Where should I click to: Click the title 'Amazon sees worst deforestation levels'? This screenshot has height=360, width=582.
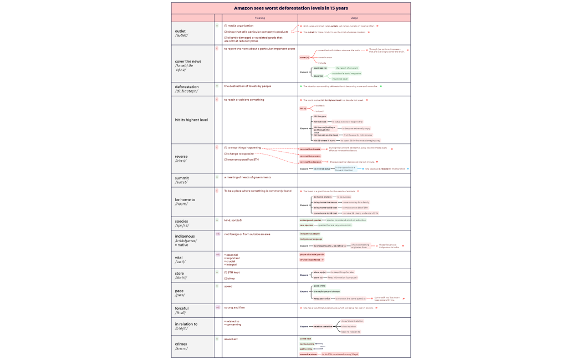[290, 8]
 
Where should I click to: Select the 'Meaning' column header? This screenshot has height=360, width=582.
[259, 18]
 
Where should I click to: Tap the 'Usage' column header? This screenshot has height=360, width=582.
[354, 18]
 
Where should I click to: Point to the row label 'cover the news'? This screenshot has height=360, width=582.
[188, 61]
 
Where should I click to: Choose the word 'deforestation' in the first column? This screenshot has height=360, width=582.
[186, 87]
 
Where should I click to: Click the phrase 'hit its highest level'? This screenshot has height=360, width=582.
[191, 120]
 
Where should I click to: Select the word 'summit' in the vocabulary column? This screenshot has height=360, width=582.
[182, 178]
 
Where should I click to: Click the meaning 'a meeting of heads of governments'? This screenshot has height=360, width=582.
[247, 177]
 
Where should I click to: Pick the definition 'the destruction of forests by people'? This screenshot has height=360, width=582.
[247, 86]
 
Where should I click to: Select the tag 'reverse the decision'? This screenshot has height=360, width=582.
[310, 162]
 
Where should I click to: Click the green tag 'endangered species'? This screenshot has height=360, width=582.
[310, 220]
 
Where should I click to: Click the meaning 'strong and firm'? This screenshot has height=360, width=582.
[235, 307]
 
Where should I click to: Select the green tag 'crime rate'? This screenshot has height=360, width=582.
[305, 338]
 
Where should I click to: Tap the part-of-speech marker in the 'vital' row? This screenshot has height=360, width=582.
[218, 254]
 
